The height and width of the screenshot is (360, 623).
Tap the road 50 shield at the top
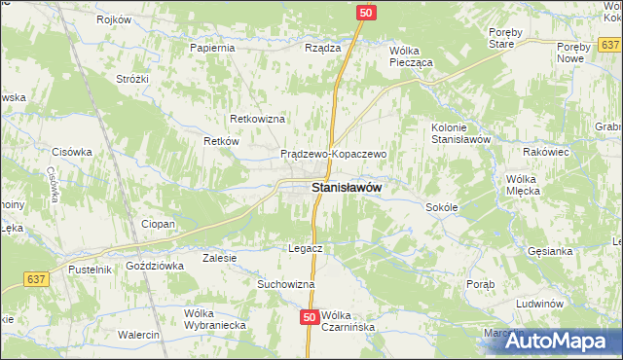point(365,13)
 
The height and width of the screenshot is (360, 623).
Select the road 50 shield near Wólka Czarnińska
point(310,317)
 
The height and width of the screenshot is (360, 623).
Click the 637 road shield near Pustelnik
point(36,279)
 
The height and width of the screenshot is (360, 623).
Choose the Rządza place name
point(322,48)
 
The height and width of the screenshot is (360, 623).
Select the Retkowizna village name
point(256,119)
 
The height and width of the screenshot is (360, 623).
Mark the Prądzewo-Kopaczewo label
point(334,154)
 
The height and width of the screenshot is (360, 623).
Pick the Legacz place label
point(305,248)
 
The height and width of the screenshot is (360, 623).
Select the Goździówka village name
point(155,266)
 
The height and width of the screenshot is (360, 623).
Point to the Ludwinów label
point(541,304)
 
